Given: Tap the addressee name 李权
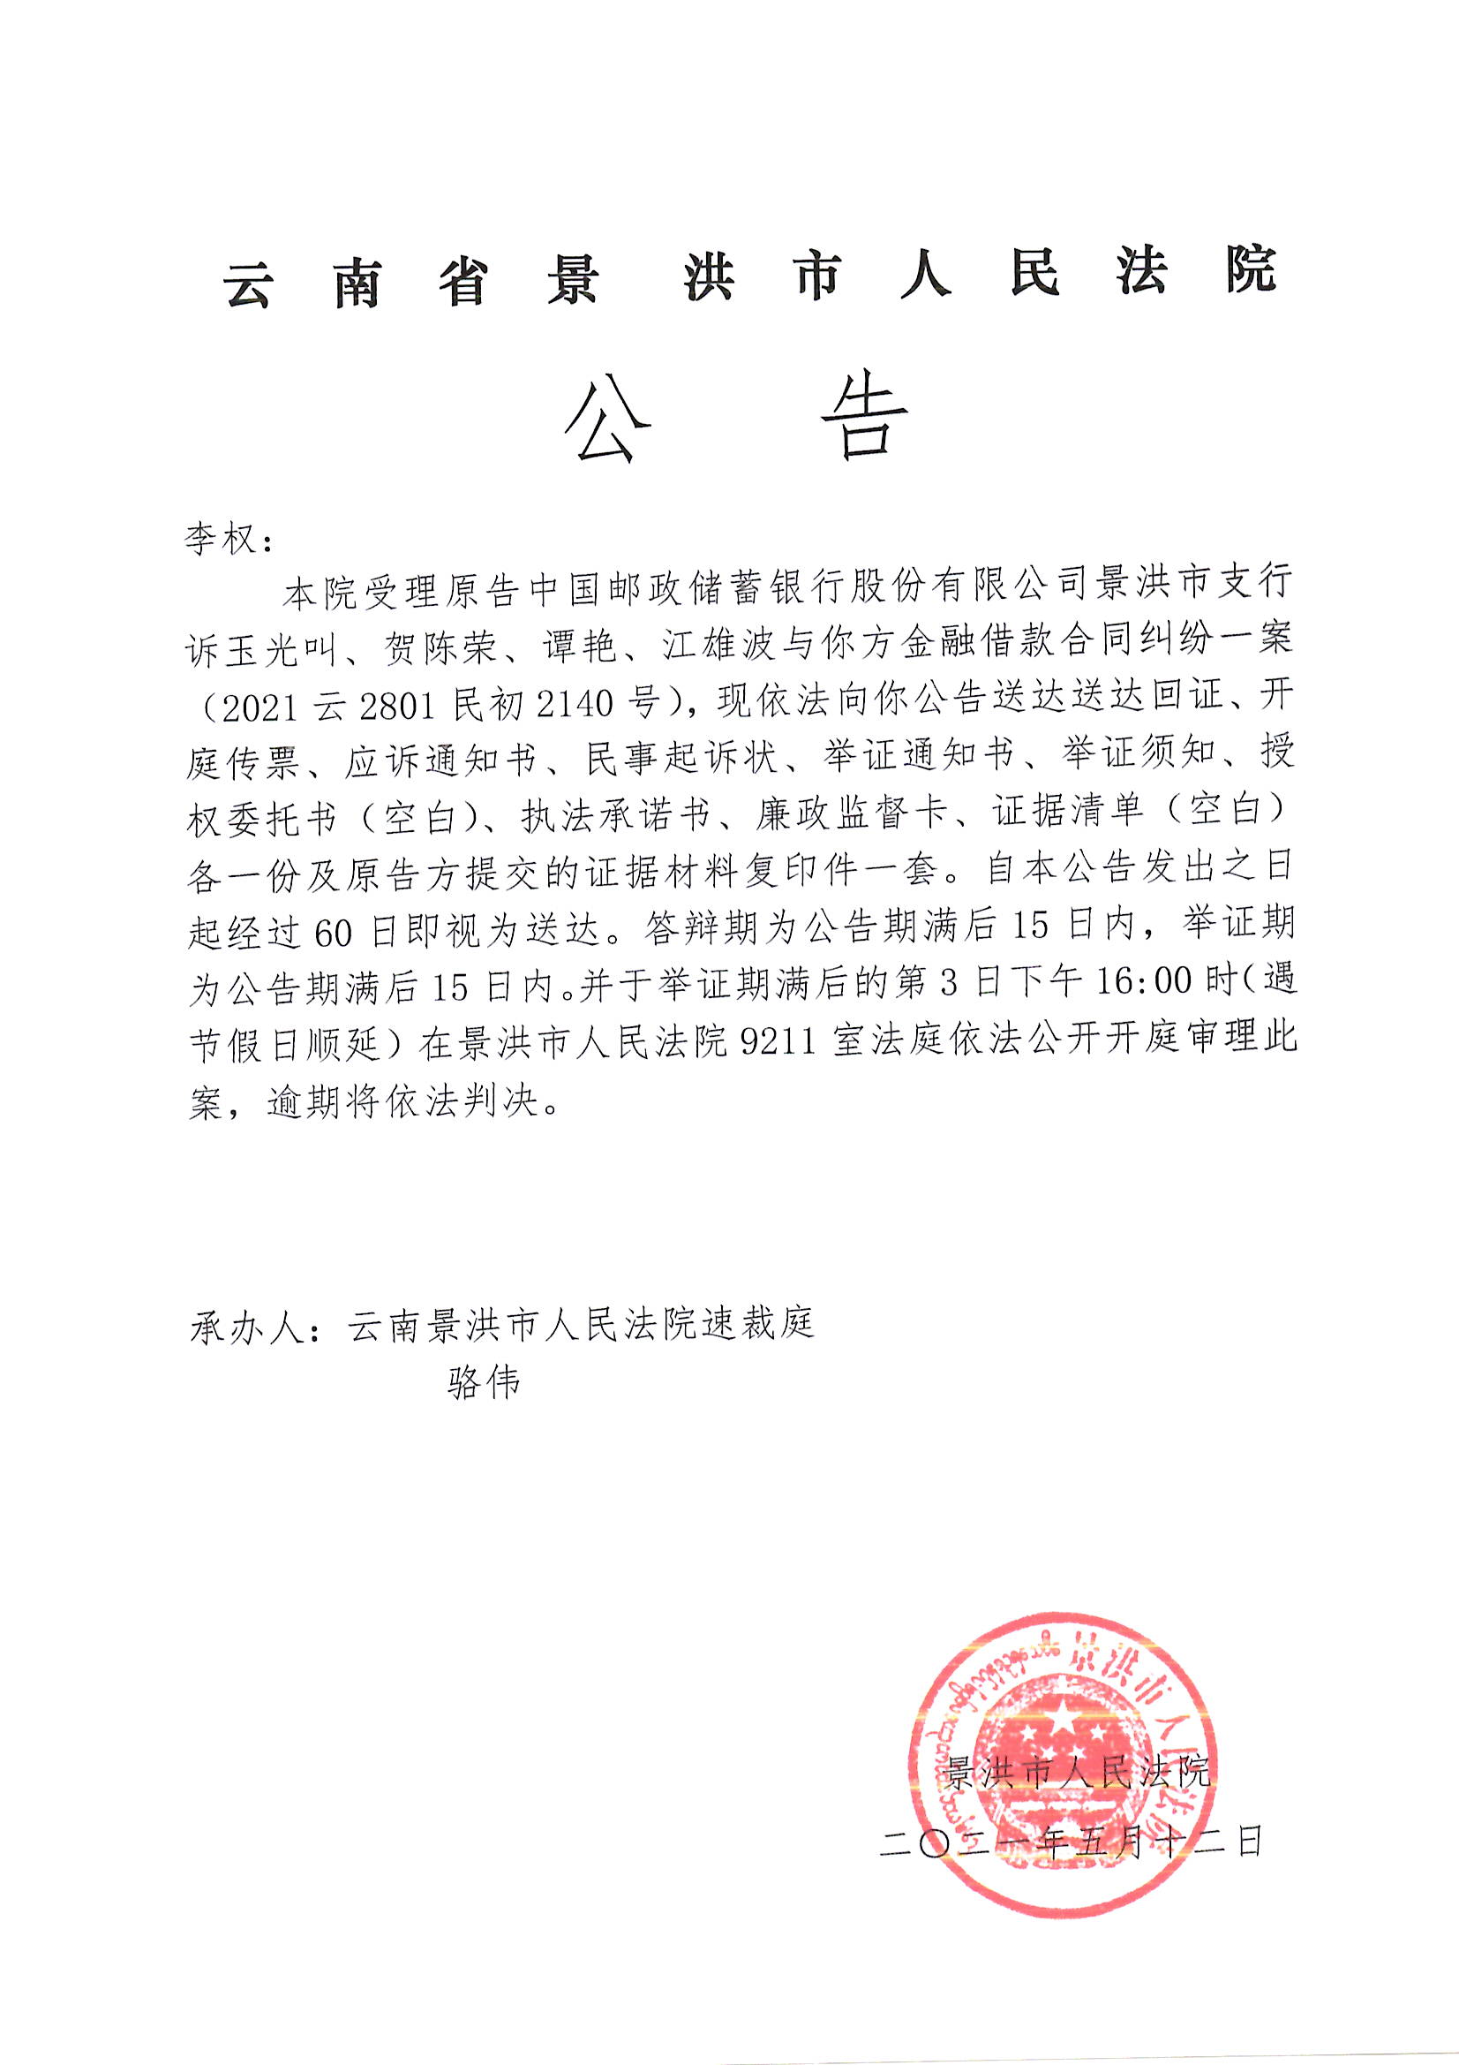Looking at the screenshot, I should click(x=222, y=541).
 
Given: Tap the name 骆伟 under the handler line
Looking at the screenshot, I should click(x=484, y=1383).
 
